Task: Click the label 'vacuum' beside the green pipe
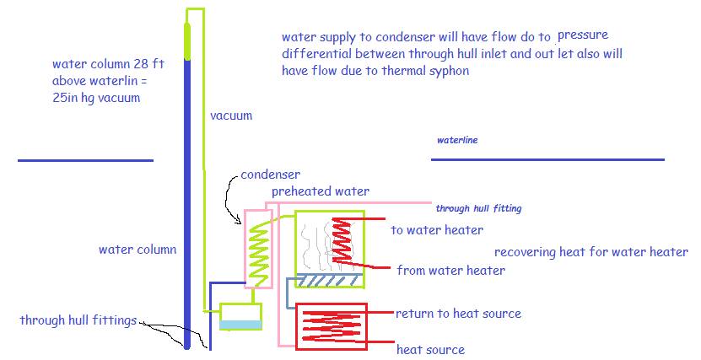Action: [231, 116]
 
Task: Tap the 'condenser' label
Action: [271, 175]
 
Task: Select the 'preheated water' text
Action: [321, 191]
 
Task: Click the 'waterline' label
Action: [457, 140]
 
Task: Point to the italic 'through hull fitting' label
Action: [478, 208]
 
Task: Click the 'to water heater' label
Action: [437, 230]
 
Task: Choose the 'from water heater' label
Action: [451, 271]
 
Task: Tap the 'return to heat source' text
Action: [458, 314]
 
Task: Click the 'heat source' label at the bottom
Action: [430, 349]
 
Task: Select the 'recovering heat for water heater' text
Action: [591, 252]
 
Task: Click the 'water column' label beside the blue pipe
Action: [138, 250]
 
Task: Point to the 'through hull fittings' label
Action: [78, 320]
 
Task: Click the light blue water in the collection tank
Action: [240, 325]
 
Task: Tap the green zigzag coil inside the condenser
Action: [259, 255]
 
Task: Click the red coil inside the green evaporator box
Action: [342, 241]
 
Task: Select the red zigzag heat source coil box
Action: [332, 326]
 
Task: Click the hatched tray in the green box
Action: [330, 280]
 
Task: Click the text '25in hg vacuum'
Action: [96, 98]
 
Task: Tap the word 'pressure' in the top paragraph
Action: [583, 35]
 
